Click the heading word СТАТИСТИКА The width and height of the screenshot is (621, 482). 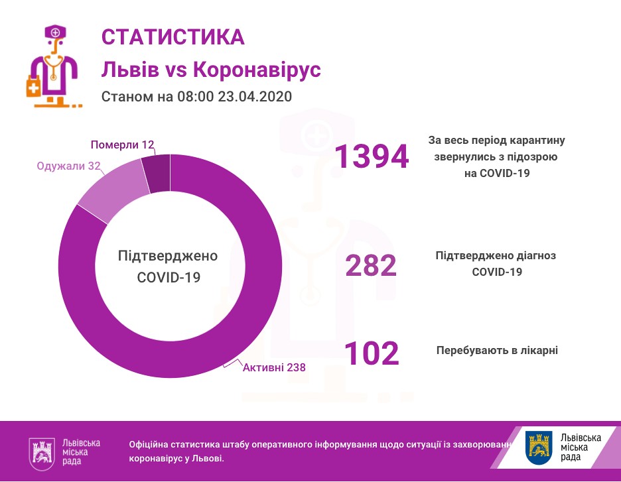point(172,37)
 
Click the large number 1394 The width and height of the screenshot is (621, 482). point(371,156)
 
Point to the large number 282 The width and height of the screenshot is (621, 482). point(371,265)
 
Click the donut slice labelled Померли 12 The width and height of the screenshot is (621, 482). point(157,173)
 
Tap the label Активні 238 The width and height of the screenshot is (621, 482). point(274,367)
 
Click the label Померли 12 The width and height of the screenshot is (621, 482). point(122,145)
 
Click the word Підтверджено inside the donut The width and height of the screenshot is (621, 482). point(168,257)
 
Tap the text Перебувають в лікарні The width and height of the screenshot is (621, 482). point(497,349)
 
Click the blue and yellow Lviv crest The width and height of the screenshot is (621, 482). point(538,448)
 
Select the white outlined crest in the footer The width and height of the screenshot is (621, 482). point(42,453)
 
